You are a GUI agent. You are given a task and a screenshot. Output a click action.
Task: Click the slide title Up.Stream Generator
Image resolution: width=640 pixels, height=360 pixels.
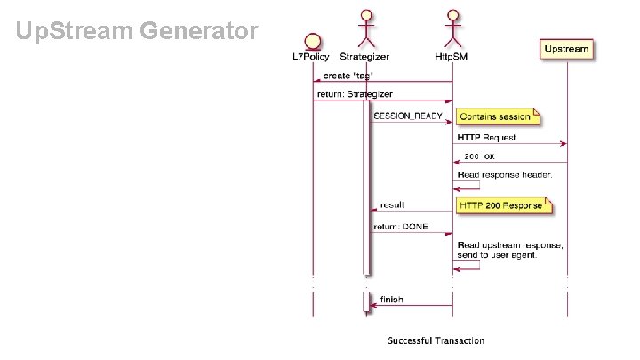click(x=138, y=32)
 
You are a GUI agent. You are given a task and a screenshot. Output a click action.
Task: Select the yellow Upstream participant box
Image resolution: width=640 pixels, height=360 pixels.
click(x=566, y=49)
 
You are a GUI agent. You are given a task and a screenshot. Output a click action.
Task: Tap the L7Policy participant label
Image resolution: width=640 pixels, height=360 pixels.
click(x=312, y=57)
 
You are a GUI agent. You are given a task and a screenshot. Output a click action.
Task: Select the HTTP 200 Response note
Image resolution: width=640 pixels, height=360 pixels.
click(x=503, y=205)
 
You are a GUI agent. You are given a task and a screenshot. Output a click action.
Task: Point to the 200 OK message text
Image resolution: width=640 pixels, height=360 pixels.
click(x=479, y=156)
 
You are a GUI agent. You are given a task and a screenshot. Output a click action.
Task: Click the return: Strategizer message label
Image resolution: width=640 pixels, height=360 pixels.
click(x=355, y=93)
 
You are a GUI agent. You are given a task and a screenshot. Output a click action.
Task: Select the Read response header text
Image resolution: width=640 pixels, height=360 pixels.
click(x=504, y=174)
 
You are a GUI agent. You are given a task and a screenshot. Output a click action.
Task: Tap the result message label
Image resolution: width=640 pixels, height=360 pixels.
click(x=392, y=205)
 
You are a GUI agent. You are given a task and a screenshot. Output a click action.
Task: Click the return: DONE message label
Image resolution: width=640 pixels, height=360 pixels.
click(x=401, y=227)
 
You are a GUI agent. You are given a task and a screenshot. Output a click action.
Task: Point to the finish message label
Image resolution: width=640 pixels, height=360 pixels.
click(x=391, y=300)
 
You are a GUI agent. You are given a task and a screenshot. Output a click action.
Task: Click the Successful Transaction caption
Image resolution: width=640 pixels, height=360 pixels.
click(x=436, y=340)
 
